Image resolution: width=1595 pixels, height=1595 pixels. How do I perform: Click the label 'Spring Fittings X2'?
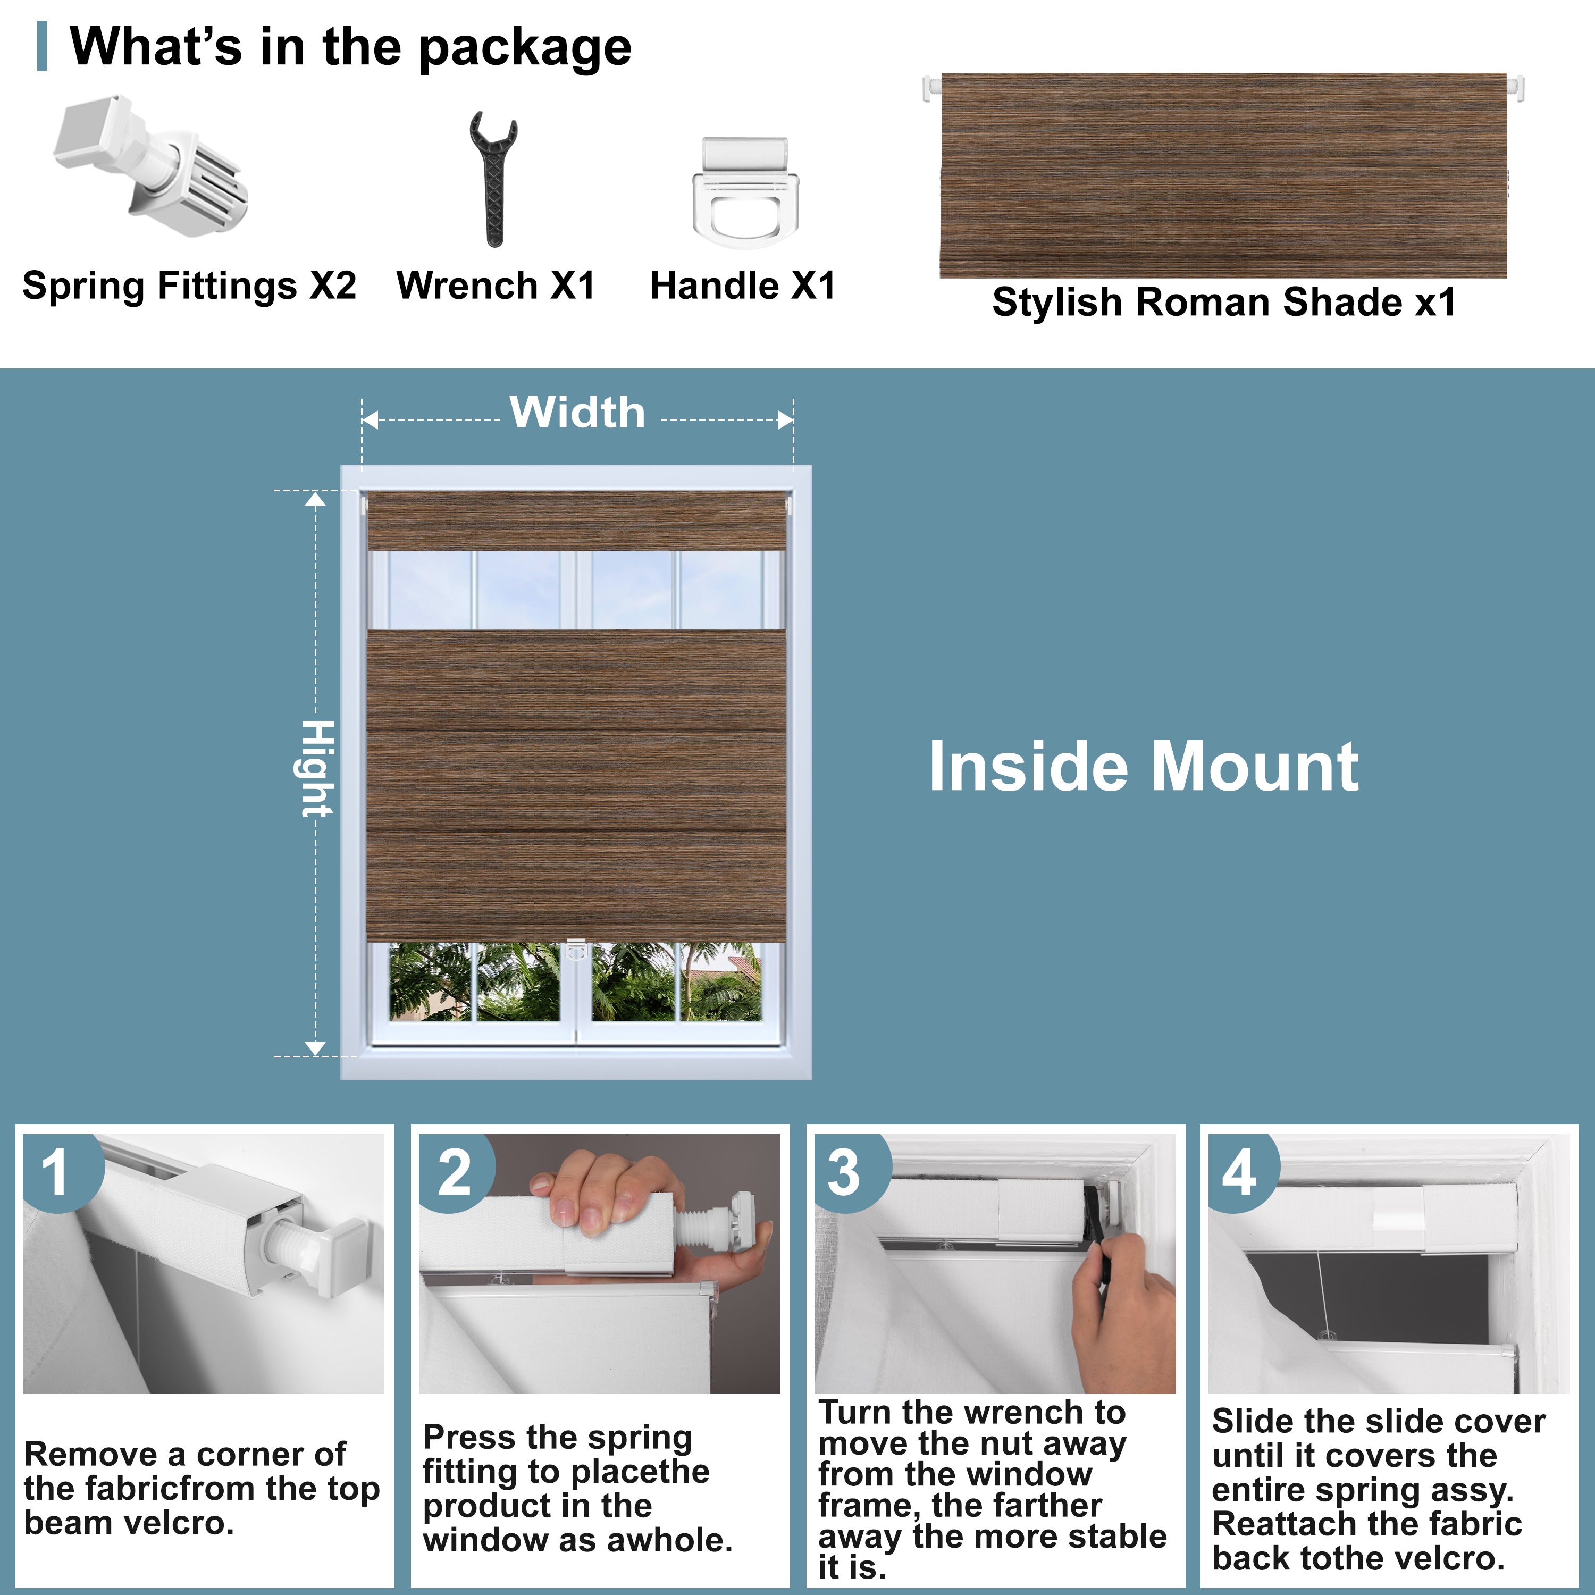(189, 286)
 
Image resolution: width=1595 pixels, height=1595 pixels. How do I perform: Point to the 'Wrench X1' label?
(496, 286)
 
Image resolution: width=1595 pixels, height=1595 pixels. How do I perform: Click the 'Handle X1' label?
(743, 286)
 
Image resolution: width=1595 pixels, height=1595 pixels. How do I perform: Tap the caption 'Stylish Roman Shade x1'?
(1224, 302)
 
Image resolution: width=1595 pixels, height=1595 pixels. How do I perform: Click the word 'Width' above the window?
(577, 412)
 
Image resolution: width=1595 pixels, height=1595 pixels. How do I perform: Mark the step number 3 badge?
(844, 1172)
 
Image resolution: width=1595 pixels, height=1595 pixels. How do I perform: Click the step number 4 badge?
(1239, 1172)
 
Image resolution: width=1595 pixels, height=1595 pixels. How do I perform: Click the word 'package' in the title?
(525, 48)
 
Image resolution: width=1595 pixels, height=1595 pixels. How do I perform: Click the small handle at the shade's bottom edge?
(575, 951)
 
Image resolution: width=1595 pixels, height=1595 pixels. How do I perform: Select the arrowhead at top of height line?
(315, 499)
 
